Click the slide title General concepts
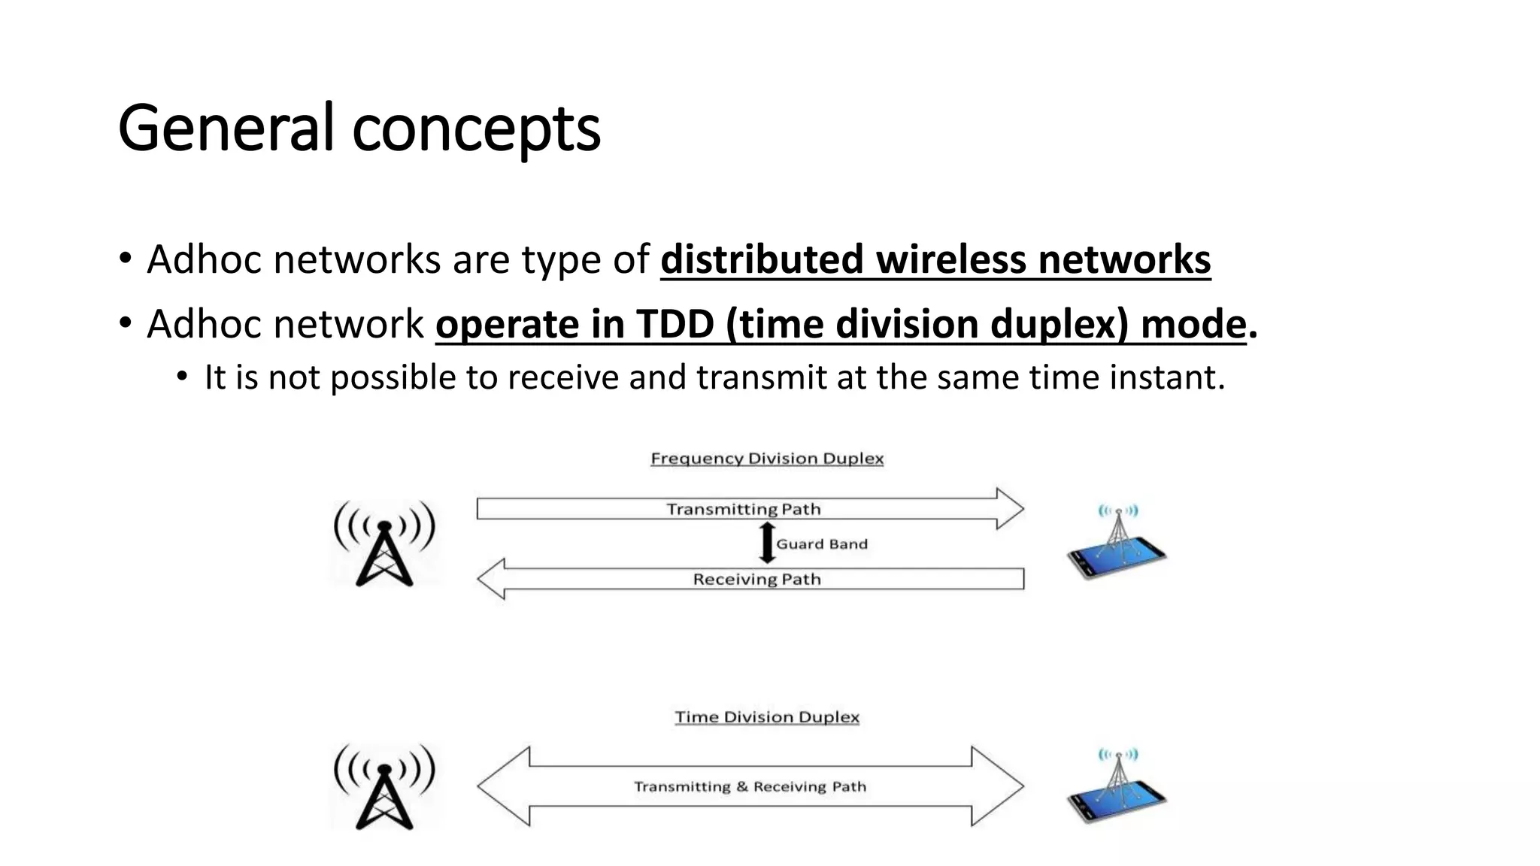359,128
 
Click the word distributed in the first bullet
761,260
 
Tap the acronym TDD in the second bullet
675,325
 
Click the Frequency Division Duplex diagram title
767,459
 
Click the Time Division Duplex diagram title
767,717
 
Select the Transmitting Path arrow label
743,510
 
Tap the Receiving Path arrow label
756,580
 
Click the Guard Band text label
822,544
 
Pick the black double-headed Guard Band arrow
767,544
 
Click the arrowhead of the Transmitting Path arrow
1009,509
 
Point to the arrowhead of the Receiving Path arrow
492,579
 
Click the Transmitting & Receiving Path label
750,787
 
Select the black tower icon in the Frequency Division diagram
384,544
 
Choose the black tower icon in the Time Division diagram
384,786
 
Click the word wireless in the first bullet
950,260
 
